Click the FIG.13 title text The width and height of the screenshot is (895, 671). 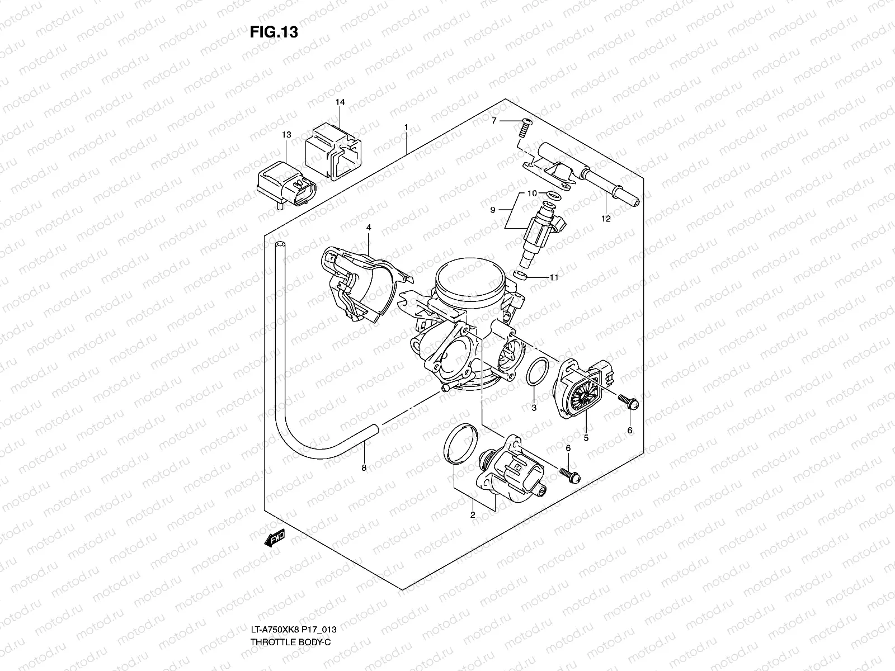tap(274, 32)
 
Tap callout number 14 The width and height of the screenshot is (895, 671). tap(340, 102)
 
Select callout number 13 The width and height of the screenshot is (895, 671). tap(286, 135)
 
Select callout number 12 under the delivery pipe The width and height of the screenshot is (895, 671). tap(606, 219)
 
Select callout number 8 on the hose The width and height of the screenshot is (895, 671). tap(364, 468)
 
